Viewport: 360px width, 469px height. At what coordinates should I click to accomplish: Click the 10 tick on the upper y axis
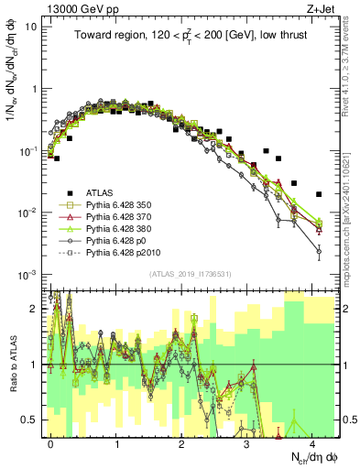(31, 27)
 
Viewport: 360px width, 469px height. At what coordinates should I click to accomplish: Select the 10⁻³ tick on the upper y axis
(28, 276)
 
